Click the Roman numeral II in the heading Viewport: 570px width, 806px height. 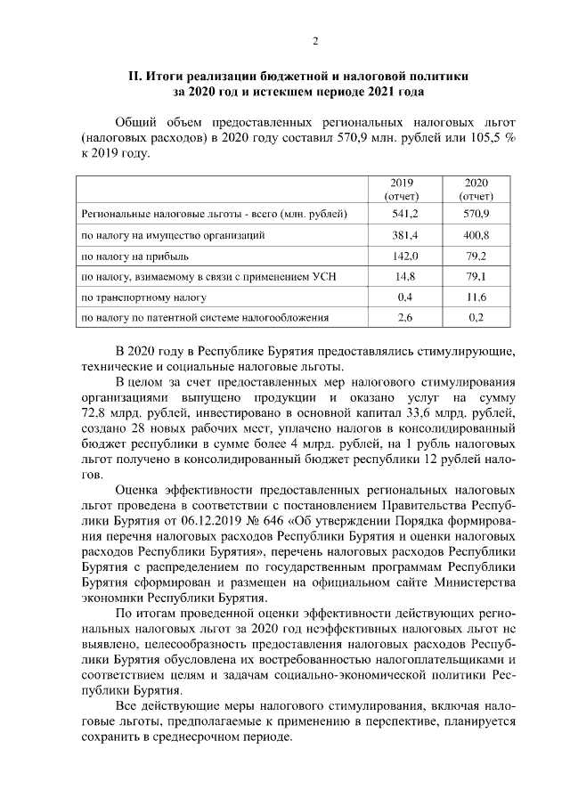137,76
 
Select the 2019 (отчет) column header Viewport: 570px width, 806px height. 402,188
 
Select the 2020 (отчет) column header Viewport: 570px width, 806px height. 476,188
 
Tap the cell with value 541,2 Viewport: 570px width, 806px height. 404,215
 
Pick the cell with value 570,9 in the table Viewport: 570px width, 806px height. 477,215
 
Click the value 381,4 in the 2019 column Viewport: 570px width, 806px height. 404,235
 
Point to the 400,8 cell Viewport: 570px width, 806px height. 477,235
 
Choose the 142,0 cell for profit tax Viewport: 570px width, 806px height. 404,256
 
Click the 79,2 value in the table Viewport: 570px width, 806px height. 479,256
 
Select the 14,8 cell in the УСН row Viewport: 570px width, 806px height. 404,276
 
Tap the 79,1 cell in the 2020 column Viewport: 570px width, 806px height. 479,276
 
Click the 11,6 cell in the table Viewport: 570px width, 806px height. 477,297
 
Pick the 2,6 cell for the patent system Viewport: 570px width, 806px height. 404,317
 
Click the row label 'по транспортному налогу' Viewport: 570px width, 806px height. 143,297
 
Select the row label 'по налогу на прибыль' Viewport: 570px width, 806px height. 134,256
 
